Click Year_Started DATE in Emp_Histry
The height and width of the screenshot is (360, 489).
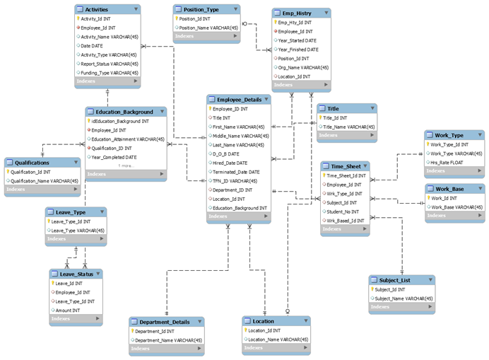[x=297, y=40]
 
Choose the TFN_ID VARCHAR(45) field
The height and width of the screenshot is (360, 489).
[x=235, y=181]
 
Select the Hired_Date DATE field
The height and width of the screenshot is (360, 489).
[x=230, y=163]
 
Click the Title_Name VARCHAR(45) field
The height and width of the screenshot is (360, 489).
[x=349, y=127]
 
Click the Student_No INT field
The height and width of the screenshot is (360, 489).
[x=343, y=211]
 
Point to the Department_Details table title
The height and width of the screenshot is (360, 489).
[x=163, y=322]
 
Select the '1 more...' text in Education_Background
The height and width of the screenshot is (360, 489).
[x=126, y=166]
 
